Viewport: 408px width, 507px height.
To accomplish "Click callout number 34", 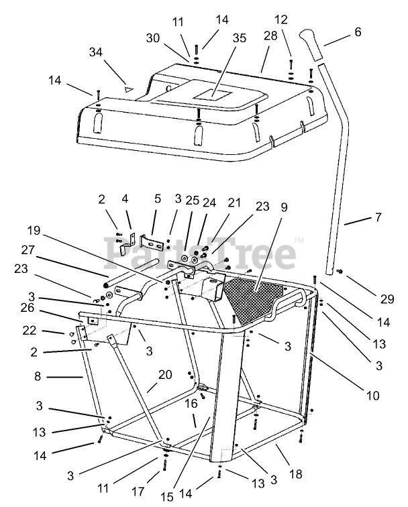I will click(x=97, y=52).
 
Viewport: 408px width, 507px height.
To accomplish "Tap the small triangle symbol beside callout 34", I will click(x=125, y=87).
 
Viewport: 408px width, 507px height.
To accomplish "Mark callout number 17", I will click(x=138, y=492).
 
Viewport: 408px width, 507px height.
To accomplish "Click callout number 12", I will click(x=281, y=19).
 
